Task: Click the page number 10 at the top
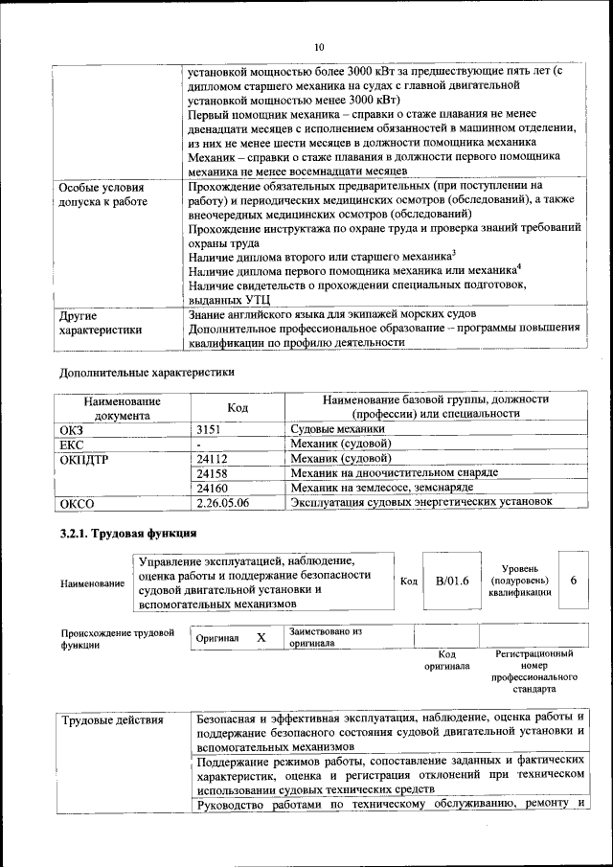[319, 47]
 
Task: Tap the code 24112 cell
[214, 459]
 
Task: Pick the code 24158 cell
[214, 473]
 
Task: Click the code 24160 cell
[214, 488]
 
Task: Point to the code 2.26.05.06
[222, 502]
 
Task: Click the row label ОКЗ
[72, 430]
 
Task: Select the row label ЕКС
[72, 445]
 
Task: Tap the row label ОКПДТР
[85, 459]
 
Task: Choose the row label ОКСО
[78, 502]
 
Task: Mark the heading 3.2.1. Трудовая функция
[128, 534]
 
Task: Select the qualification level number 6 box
[573, 581]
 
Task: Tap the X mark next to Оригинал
[261, 637]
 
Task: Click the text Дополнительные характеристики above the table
[147, 371]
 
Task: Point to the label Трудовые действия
[112, 719]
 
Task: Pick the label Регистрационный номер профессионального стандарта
[534, 671]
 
